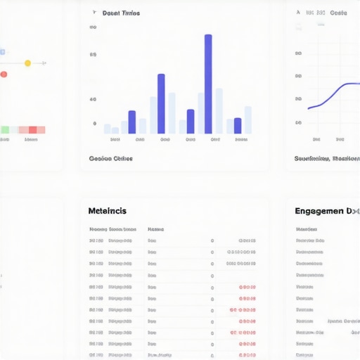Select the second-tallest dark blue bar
161,103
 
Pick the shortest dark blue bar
238,125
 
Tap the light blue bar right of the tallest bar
219,110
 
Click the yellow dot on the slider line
27,63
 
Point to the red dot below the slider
4,74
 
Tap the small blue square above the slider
2,52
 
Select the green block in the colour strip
5,130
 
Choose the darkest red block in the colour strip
33,130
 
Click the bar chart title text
121,13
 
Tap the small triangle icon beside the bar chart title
94,13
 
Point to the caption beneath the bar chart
111,158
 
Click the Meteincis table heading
108,210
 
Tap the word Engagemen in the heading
319,210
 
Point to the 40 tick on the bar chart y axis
94,100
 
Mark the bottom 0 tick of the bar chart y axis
95,124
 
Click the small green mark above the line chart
321,25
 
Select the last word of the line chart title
339,13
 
